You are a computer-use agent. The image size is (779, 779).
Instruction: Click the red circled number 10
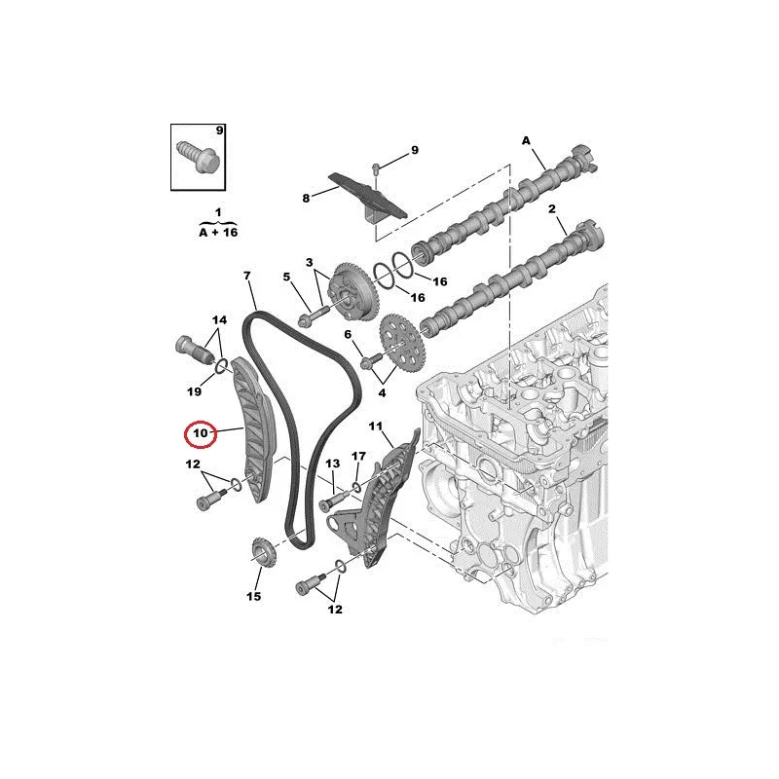pyautogui.click(x=201, y=433)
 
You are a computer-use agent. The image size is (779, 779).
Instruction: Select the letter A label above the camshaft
pyautogui.click(x=526, y=141)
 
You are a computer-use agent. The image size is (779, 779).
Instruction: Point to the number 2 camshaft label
pyautogui.click(x=552, y=209)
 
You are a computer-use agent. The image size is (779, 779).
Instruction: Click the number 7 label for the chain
pyautogui.click(x=247, y=276)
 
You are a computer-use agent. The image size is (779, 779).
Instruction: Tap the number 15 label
pyautogui.click(x=253, y=596)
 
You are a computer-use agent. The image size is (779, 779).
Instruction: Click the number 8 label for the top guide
pyautogui.click(x=306, y=199)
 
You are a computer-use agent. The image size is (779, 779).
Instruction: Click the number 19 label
pyautogui.click(x=194, y=391)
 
